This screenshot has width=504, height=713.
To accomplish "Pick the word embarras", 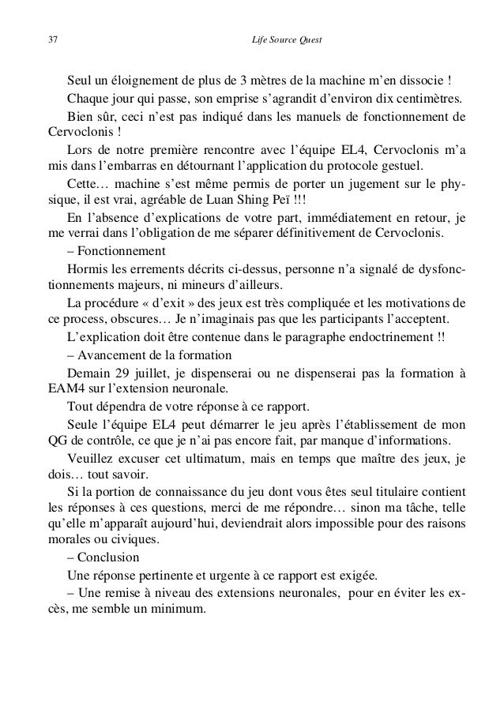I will point(111,167).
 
